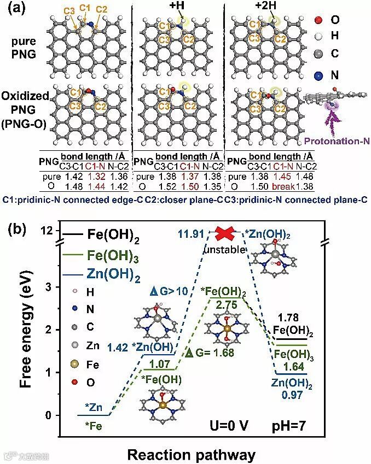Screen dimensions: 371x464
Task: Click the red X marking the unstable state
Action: tap(224, 233)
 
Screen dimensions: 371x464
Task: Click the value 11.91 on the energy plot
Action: tap(192, 234)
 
